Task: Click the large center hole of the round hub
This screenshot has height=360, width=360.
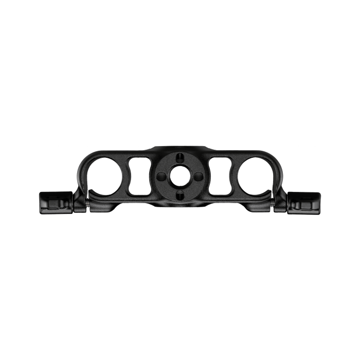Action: (179, 176)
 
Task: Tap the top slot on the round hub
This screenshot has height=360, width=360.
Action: (179, 157)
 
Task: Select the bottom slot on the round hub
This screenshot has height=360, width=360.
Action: (179, 194)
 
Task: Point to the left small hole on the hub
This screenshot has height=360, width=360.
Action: (161, 176)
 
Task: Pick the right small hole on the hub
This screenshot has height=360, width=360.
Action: (198, 176)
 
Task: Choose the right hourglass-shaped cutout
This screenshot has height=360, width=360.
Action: (221, 176)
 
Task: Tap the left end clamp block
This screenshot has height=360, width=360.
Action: (54, 201)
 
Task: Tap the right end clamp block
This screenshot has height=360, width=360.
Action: (305, 201)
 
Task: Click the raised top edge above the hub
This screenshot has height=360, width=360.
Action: (179, 147)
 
